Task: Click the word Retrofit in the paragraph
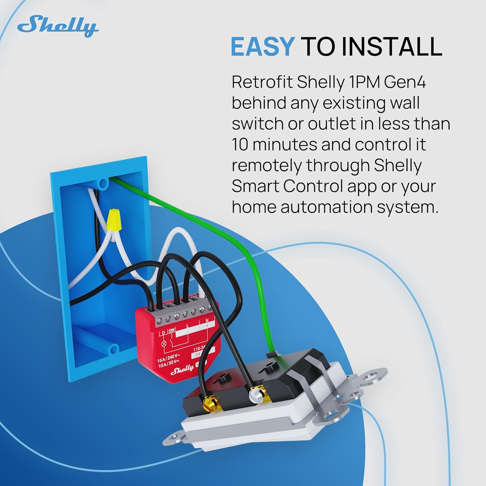(262, 83)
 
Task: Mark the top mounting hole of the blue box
(103, 184)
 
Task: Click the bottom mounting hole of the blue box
(113, 349)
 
